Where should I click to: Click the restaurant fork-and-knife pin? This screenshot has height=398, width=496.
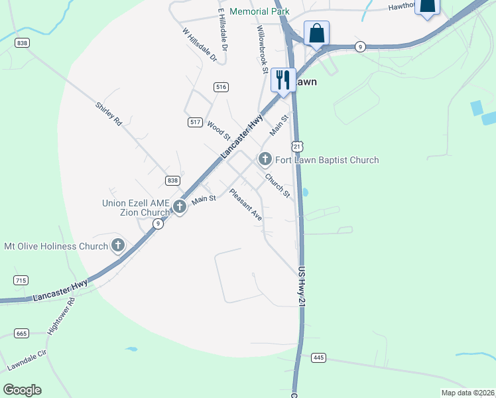click(283, 80)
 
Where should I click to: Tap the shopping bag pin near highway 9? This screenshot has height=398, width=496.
click(317, 33)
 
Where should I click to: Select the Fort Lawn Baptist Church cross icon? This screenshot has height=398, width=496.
click(265, 159)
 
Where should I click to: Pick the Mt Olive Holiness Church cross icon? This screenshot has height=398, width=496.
click(118, 246)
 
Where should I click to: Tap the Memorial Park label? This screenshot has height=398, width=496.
click(259, 11)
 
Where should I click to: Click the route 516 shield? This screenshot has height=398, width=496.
click(221, 87)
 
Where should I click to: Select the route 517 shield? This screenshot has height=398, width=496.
click(195, 122)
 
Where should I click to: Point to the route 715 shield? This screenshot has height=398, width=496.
click(21, 281)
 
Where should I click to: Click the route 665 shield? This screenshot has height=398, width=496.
click(21, 333)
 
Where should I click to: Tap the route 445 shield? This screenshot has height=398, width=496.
click(319, 358)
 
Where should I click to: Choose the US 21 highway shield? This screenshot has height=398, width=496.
click(296, 145)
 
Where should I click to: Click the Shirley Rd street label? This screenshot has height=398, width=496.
click(109, 114)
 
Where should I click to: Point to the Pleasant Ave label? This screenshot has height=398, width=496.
click(246, 205)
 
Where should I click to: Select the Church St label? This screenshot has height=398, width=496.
click(278, 185)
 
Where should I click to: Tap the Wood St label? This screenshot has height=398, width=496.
click(218, 130)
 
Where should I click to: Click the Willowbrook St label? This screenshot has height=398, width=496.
click(263, 50)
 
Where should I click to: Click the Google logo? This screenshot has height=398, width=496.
click(22, 390)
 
